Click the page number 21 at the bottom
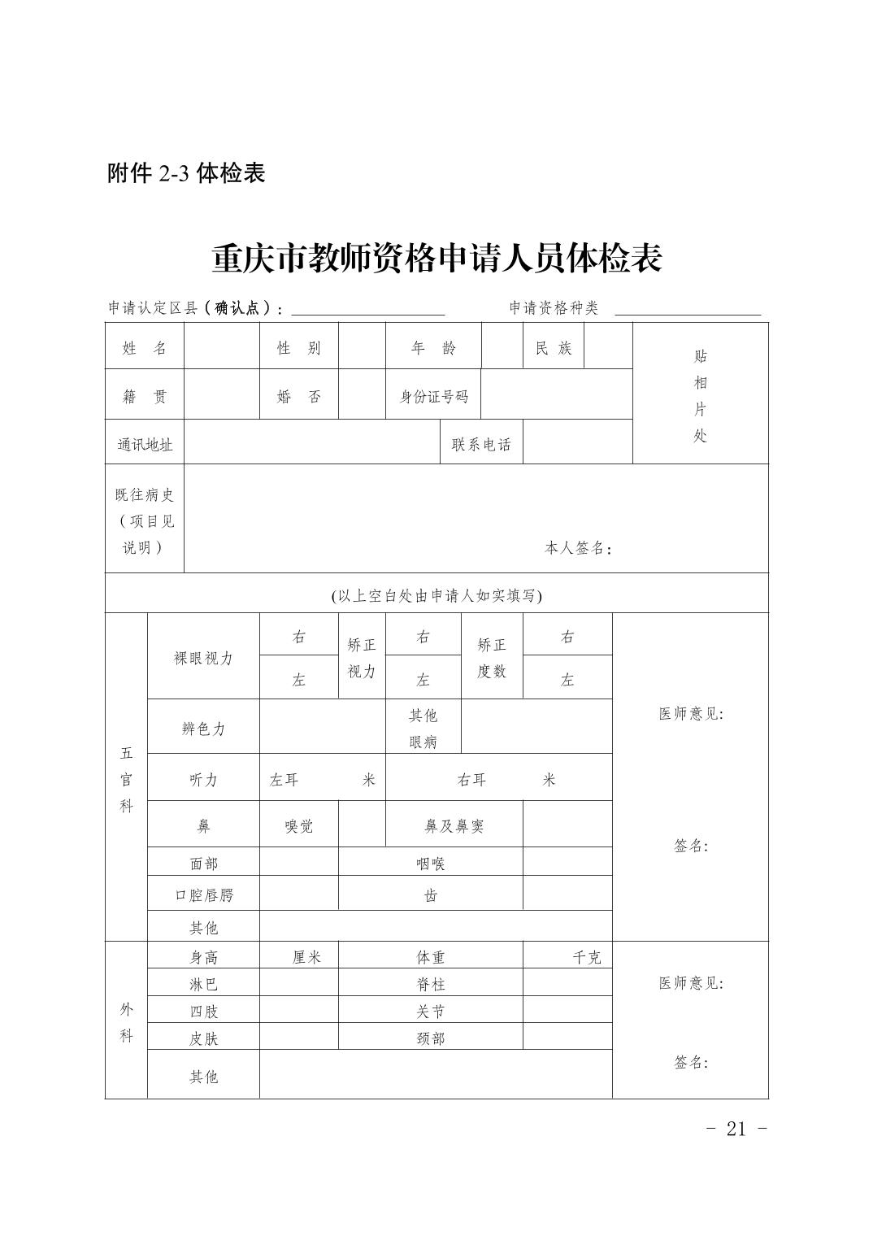(x=736, y=1129)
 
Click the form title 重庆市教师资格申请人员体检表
(x=436, y=258)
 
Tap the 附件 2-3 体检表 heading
(x=186, y=173)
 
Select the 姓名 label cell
(x=145, y=348)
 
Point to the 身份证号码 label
(x=433, y=397)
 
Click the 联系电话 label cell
(x=481, y=445)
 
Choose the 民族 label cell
(x=554, y=348)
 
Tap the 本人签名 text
(x=577, y=549)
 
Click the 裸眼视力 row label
(x=203, y=658)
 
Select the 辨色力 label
(x=203, y=729)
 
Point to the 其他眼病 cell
(x=423, y=728)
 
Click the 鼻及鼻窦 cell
(x=454, y=826)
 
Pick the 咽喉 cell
(x=430, y=864)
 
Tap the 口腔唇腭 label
(x=203, y=894)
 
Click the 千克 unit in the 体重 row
(x=586, y=957)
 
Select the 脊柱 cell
(x=430, y=984)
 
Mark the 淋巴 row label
(x=203, y=984)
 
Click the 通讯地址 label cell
(x=145, y=445)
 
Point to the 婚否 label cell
(x=298, y=397)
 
